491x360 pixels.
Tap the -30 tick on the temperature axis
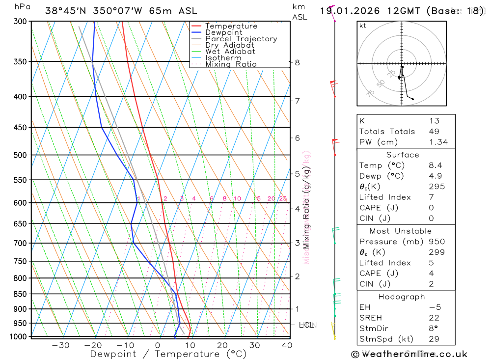click(60, 345)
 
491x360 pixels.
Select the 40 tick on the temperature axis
click(287, 345)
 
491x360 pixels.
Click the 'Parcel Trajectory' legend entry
click(241, 39)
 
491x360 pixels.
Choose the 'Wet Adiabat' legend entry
click(230, 52)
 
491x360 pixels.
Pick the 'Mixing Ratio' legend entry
click(231, 64)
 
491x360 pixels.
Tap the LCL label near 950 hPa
click(307, 325)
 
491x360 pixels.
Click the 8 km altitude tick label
click(298, 62)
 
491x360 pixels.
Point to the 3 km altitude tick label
click(298, 243)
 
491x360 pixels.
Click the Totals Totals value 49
click(434, 132)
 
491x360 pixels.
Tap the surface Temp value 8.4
click(435, 166)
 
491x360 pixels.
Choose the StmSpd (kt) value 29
click(434, 339)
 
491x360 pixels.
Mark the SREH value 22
click(434, 318)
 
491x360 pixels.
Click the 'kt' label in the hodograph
click(363, 26)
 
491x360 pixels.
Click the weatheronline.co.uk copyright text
click(409, 354)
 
